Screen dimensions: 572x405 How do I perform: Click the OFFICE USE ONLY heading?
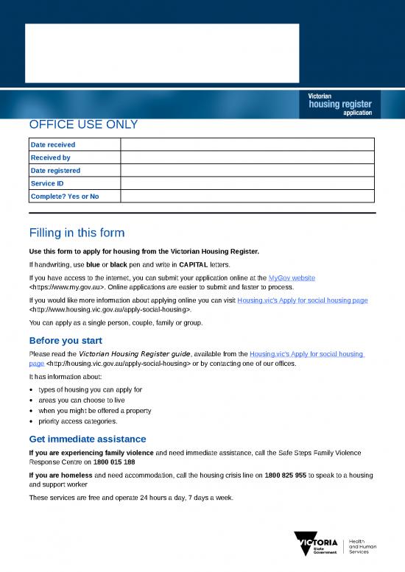[83, 125]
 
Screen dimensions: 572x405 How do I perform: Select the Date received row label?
[52, 145]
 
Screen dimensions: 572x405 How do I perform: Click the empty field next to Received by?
[247, 158]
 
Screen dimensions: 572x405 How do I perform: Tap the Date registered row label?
[55, 171]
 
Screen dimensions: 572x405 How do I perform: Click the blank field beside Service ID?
[247, 183]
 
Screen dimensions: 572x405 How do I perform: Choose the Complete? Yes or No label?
[64, 196]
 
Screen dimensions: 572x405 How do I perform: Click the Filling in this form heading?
[77, 233]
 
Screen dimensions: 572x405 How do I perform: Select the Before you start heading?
[65, 341]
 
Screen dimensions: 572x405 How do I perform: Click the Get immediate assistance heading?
[87, 439]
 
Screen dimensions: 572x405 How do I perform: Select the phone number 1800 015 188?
[114, 462]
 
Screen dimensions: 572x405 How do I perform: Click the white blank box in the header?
[162, 53]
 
